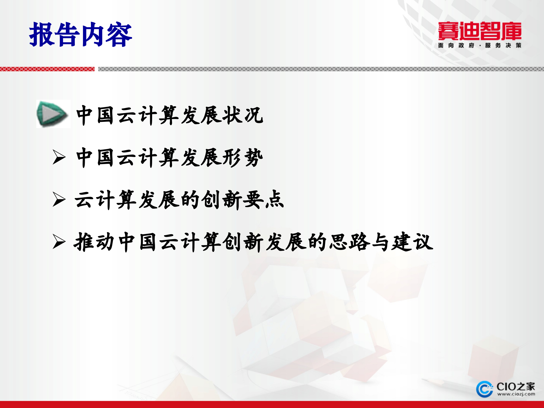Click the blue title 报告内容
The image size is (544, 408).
(80, 35)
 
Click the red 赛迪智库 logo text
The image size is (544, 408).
(479, 31)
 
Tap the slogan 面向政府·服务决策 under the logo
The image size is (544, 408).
(479, 45)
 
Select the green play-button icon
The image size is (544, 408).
(53, 114)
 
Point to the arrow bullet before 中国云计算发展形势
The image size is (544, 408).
(59, 157)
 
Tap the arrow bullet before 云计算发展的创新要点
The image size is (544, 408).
(59, 199)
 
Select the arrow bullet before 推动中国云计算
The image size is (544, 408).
(59, 242)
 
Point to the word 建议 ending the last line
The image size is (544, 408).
(412, 242)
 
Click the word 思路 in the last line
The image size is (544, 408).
(350, 242)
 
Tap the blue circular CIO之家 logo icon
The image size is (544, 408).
(484, 389)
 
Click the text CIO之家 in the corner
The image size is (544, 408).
(516, 386)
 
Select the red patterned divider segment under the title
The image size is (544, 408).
(47, 69)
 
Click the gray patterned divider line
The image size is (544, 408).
(320, 69)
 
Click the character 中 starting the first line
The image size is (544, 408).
(84, 115)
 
